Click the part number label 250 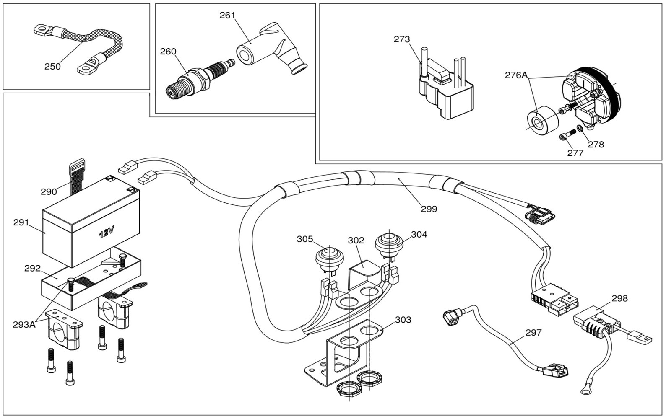tap(52, 66)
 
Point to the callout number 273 tap(402, 39)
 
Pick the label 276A tap(516, 75)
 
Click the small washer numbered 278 tap(580, 128)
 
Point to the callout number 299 tap(429, 209)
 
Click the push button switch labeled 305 tap(329, 260)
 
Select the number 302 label tap(356, 241)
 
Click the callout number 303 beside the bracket tap(403, 320)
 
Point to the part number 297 tap(533, 333)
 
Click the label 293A tap(24, 325)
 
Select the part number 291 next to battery tap(21, 222)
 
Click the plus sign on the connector tap(569, 297)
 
